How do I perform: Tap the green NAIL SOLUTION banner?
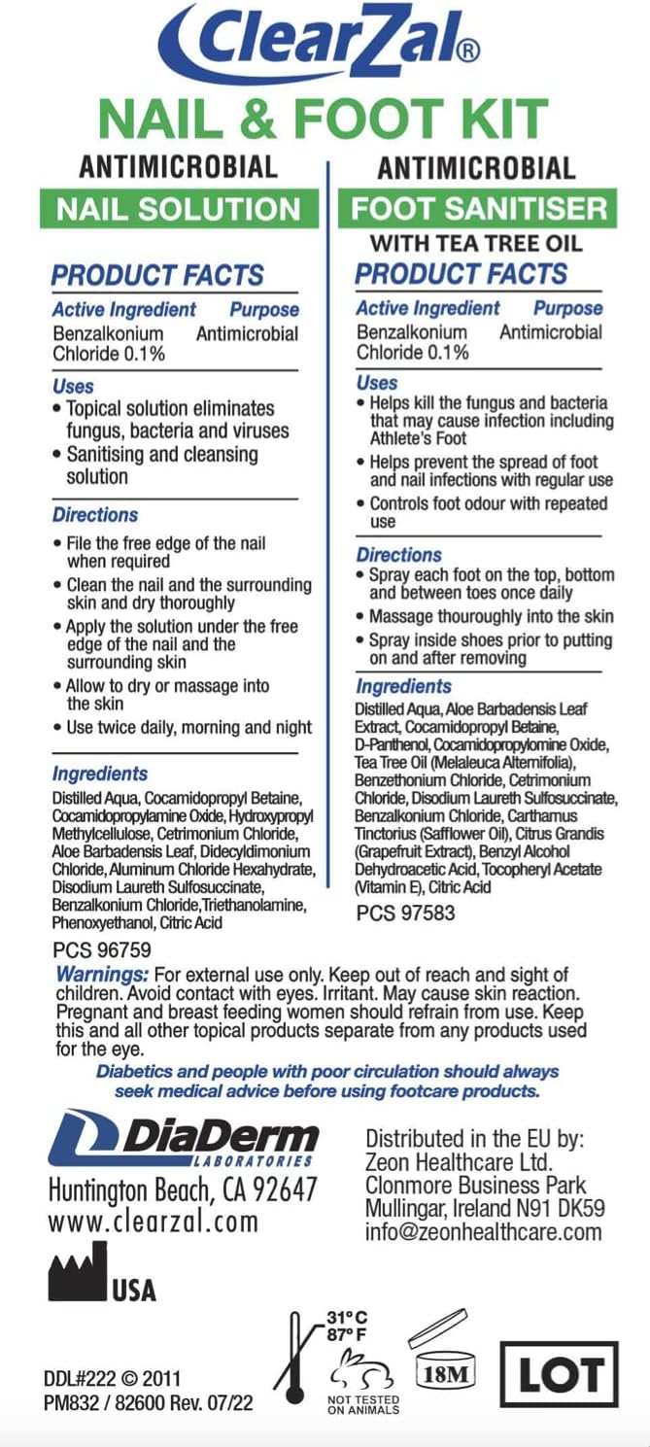click(179, 208)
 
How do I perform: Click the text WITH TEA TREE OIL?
click(476, 242)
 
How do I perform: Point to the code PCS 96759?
click(102, 950)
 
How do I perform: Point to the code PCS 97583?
click(405, 913)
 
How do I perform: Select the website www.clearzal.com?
click(154, 1222)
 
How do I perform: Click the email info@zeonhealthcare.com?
click(484, 1233)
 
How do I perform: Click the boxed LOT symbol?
click(559, 1376)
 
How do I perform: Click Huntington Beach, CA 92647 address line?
click(183, 1189)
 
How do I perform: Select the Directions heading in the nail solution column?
click(95, 515)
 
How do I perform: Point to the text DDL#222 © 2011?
click(112, 1378)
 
